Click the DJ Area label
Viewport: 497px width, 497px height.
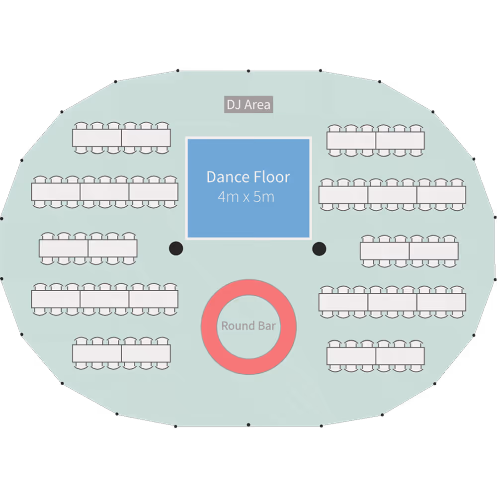coord(248,105)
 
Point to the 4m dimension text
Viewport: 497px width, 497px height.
coord(228,197)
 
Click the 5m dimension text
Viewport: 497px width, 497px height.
coord(264,197)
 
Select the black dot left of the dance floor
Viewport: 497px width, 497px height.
coord(176,248)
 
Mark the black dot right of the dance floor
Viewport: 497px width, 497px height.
coord(319,248)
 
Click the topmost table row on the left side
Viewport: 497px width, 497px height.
coord(121,138)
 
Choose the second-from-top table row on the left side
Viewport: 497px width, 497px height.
coord(105,191)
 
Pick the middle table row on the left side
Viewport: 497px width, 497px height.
coord(88,248)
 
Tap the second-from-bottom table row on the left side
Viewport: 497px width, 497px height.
coord(105,299)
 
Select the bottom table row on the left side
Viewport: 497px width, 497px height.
coord(121,353)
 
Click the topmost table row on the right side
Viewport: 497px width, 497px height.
coord(376,141)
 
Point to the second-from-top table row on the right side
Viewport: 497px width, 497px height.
coord(392,194)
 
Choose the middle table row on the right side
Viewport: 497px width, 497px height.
coord(409,251)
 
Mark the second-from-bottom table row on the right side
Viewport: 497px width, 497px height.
coord(392,302)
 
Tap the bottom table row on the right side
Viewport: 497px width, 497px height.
coord(376,356)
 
